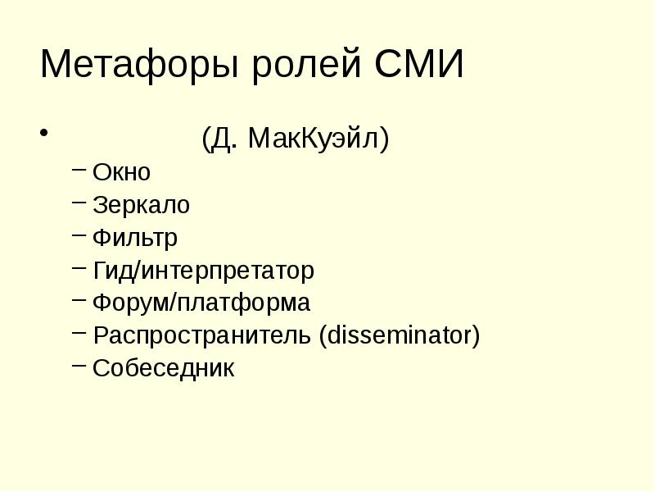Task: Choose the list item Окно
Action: point(122,172)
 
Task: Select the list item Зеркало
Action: point(141,205)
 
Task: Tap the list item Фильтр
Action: point(135,238)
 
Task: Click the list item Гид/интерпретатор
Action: point(203,271)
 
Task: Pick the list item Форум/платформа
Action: point(201,303)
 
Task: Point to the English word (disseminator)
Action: point(400,336)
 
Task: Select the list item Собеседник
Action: point(164,369)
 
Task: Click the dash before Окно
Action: point(78,170)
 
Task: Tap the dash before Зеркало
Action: point(78,203)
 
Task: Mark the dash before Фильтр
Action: point(78,235)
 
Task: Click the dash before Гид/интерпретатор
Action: point(78,268)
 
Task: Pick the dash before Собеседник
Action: point(78,367)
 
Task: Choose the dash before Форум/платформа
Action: point(78,301)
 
